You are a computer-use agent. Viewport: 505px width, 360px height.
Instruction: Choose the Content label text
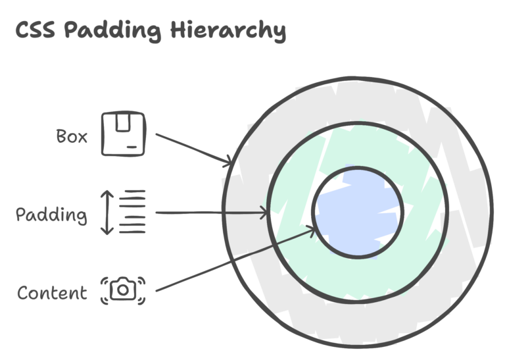click(x=53, y=293)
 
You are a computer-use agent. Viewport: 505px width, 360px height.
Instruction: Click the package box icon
click(x=124, y=134)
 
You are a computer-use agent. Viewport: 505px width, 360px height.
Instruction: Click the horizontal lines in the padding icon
click(x=133, y=212)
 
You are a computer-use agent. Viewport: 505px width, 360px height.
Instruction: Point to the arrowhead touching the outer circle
click(x=230, y=162)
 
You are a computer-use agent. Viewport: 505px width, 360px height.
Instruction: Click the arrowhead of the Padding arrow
click(x=265, y=213)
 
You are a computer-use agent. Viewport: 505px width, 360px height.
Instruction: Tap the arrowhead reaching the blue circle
click(x=309, y=234)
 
